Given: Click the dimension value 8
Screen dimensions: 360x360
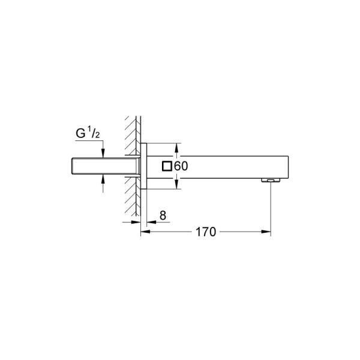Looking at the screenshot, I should [x=163, y=214].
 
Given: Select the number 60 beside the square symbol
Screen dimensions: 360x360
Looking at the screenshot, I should [x=182, y=166].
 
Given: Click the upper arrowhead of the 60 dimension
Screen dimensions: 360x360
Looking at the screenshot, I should [x=177, y=147].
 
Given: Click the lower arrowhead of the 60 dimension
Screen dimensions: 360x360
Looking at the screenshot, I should [x=177, y=184].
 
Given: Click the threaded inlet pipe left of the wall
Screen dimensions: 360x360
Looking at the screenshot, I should [x=102, y=166].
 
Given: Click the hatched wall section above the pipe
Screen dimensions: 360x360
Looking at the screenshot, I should [x=131, y=135].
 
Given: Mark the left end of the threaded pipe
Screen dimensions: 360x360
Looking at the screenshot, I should [x=72, y=166].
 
